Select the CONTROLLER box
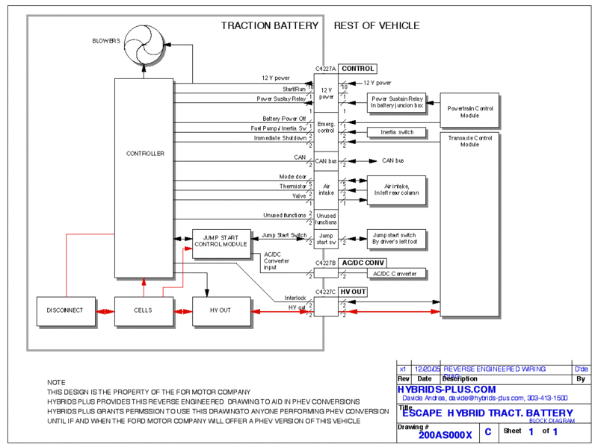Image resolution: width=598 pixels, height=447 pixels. click(144, 154)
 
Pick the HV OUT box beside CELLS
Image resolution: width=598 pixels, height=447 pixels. click(221, 310)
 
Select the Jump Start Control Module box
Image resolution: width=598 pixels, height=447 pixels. click(221, 243)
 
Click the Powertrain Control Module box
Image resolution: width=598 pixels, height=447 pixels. click(469, 111)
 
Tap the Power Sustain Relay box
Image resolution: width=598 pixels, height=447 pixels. click(396, 102)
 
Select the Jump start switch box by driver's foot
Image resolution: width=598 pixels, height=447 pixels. click(395, 239)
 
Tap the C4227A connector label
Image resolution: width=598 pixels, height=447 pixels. click(324, 69)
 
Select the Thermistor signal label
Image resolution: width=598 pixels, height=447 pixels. click(292, 186)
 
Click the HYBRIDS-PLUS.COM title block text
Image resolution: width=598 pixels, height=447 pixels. click(447, 390)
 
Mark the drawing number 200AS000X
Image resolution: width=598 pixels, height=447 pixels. click(446, 434)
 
